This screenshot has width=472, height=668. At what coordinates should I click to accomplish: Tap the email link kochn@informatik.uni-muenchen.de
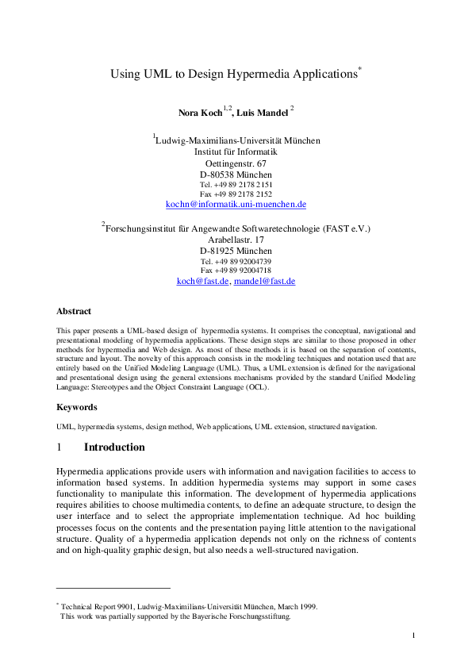(x=236, y=205)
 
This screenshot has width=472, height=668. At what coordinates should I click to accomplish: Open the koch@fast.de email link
(x=203, y=281)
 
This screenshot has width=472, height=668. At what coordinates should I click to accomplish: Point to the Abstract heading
(x=74, y=312)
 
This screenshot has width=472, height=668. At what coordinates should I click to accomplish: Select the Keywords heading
(x=77, y=407)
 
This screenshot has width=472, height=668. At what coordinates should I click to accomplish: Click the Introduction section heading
(x=114, y=447)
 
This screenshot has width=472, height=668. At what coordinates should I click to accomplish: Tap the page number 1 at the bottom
(x=414, y=635)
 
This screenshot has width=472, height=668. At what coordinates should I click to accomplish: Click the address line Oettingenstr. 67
(x=236, y=163)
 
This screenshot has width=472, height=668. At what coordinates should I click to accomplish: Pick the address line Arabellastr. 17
(x=236, y=240)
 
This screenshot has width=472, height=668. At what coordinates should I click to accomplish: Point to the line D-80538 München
(x=236, y=175)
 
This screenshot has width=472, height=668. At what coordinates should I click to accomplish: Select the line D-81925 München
(x=236, y=251)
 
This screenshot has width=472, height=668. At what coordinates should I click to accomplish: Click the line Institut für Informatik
(x=236, y=152)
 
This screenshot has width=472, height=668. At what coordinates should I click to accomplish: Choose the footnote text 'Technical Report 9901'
(x=98, y=607)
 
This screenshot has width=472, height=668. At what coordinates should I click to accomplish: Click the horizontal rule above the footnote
(x=113, y=588)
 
